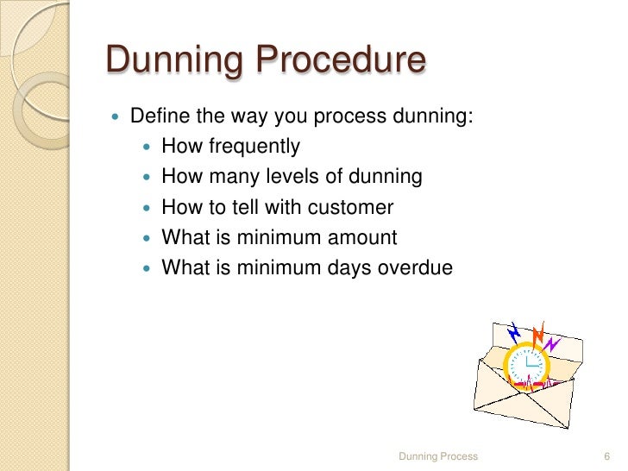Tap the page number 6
coord(606,455)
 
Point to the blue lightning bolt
coord(515,332)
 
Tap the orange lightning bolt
coord(537,334)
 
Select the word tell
coord(261,207)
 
